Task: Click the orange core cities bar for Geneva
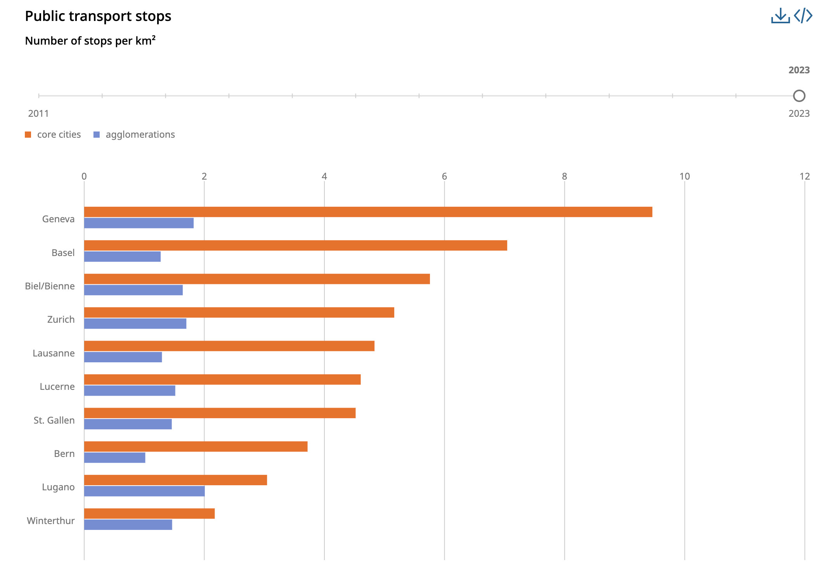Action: pos(368,212)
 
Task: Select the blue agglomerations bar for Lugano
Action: pos(144,491)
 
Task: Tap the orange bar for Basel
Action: pos(295,246)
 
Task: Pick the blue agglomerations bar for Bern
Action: pos(114,458)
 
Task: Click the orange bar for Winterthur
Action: pos(149,514)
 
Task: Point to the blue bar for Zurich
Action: pos(135,324)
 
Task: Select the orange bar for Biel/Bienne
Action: pos(257,279)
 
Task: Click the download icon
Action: pos(780,16)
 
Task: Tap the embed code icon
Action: pos(803,16)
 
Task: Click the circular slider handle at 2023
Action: pos(799,96)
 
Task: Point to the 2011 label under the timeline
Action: pos(38,114)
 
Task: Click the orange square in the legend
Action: pos(28,135)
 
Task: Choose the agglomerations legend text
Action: pos(140,135)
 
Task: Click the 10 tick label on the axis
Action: pos(684,176)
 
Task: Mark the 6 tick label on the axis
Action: pos(444,176)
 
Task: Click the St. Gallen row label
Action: pos(54,420)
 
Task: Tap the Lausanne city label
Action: pos(54,353)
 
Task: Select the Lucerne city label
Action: pos(57,387)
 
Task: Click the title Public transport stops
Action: pos(98,16)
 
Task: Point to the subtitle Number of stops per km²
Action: pos(90,41)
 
